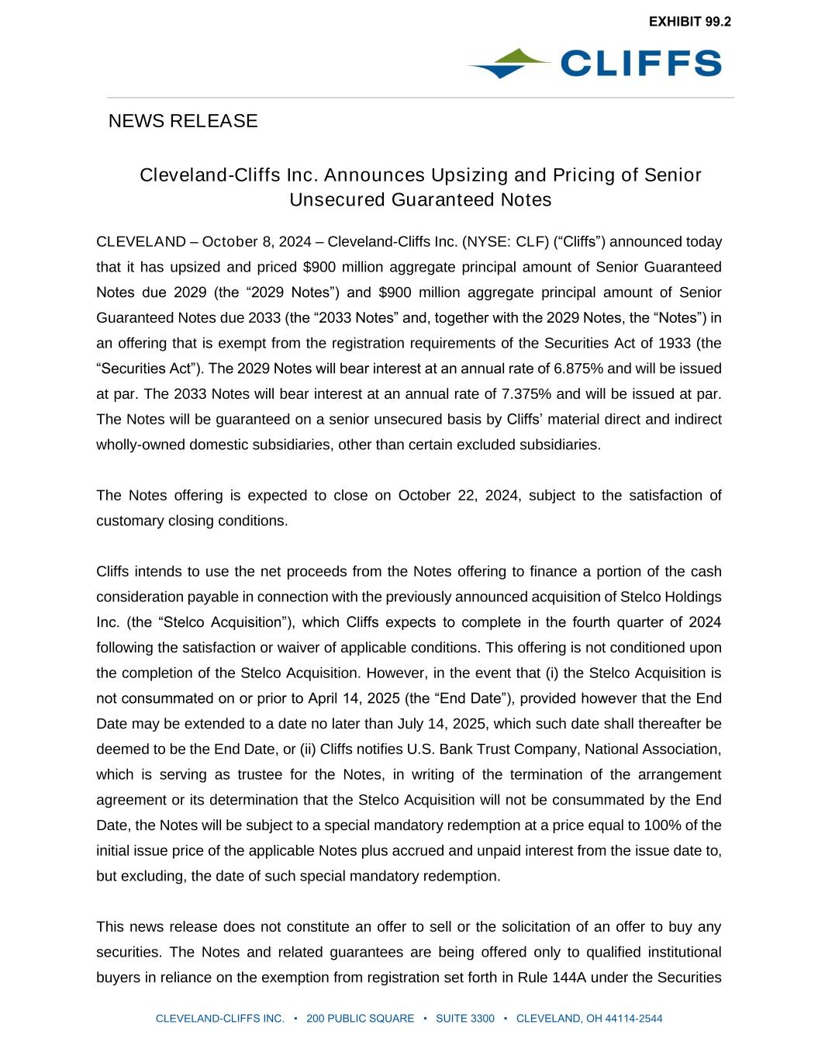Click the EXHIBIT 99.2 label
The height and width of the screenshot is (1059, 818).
pos(689,22)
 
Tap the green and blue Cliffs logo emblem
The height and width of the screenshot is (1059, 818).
pos(509,64)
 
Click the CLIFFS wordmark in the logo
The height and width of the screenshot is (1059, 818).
pos(640,64)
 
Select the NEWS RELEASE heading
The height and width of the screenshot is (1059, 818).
pos(183,121)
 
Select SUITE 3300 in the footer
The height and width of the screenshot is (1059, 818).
pos(465,1019)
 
